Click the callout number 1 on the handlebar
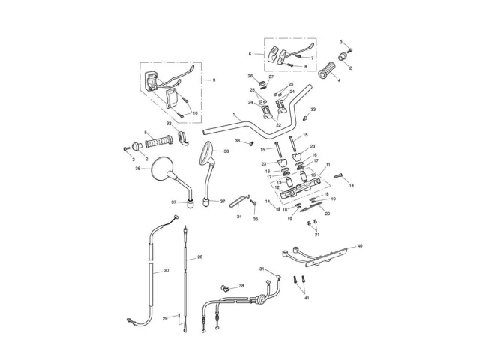tap(234, 115)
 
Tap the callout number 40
tap(359, 245)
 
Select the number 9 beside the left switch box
tap(214, 79)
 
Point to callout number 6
tap(250, 54)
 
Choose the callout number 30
tap(166, 270)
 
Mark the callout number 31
tap(261, 269)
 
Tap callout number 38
tap(241, 286)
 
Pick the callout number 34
tap(239, 217)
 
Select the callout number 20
tap(327, 214)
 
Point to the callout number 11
tap(328, 163)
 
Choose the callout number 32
tap(169, 123)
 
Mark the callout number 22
tap(278, 125)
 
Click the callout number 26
tap(250, 76)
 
